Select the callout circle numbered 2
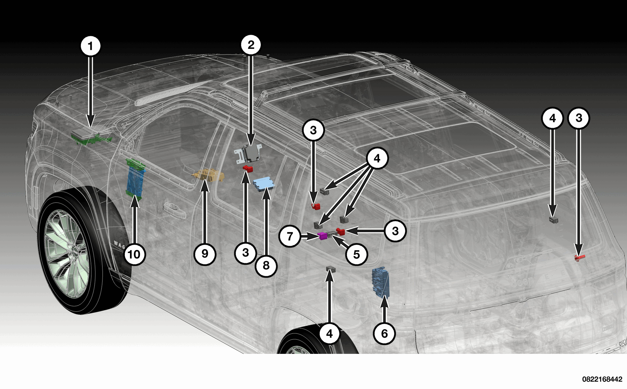click(251, 45)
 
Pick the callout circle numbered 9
click(205, 254)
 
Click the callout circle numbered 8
click(266, 266)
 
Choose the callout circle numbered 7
click(290, 236)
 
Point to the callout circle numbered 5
click(356, 254)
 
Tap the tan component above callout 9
click(208, 175)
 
